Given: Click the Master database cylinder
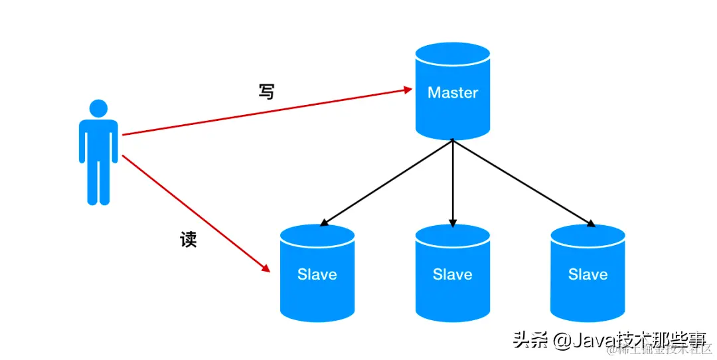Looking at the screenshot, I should (453, 113).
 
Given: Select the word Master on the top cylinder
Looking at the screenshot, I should (453, 92).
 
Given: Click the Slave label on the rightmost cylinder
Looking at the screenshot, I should (588, 274).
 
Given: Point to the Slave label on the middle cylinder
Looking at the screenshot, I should (453, 274).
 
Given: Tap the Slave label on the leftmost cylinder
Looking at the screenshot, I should (317, 274).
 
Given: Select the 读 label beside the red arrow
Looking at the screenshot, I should (189, 239).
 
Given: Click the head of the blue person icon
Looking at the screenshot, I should (98, 108).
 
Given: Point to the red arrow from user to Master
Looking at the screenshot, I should (266, 111).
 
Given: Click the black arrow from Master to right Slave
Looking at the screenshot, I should (521, 181).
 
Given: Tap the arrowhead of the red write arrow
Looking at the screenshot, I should (408, 88).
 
